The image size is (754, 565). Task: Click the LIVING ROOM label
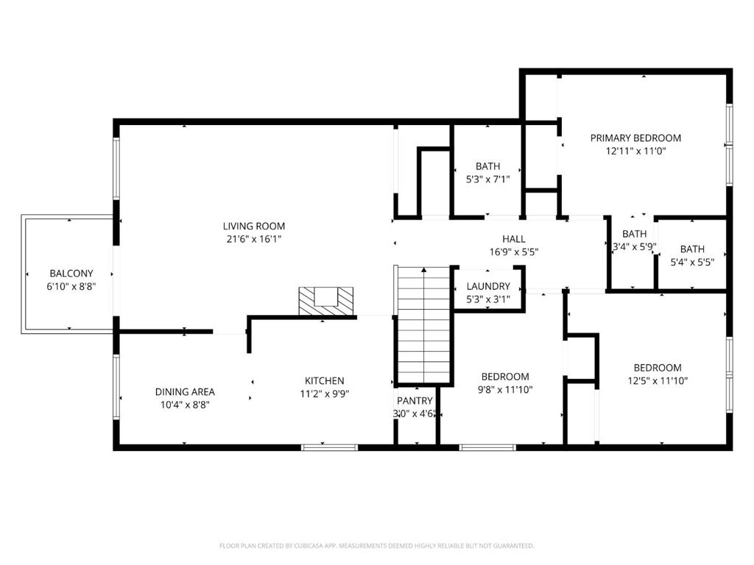point(254,227)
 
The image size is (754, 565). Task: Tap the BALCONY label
point(71,274)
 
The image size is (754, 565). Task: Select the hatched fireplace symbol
point(326,301)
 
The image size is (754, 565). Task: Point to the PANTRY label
point(415,401)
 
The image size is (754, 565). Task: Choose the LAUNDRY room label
point(488,286)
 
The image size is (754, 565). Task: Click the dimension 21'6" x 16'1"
point(254,239)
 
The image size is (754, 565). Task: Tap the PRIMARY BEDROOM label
point(635,138)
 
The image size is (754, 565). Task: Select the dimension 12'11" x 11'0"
point(635,151)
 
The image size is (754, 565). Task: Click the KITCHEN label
point(325,381)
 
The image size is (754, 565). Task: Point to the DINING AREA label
point(185,392)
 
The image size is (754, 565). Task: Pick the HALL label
point(513,239)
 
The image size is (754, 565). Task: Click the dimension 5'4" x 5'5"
point(692,263)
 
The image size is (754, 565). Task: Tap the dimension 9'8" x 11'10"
point(505,390)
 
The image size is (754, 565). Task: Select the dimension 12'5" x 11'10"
point(658,381)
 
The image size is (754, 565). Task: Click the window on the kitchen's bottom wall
point(329,448)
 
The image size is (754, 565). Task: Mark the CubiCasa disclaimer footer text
point(377,546)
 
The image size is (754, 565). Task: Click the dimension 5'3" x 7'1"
point(488,180)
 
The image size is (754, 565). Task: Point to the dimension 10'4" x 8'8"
point(185,405)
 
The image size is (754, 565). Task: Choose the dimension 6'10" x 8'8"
point(71,287)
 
